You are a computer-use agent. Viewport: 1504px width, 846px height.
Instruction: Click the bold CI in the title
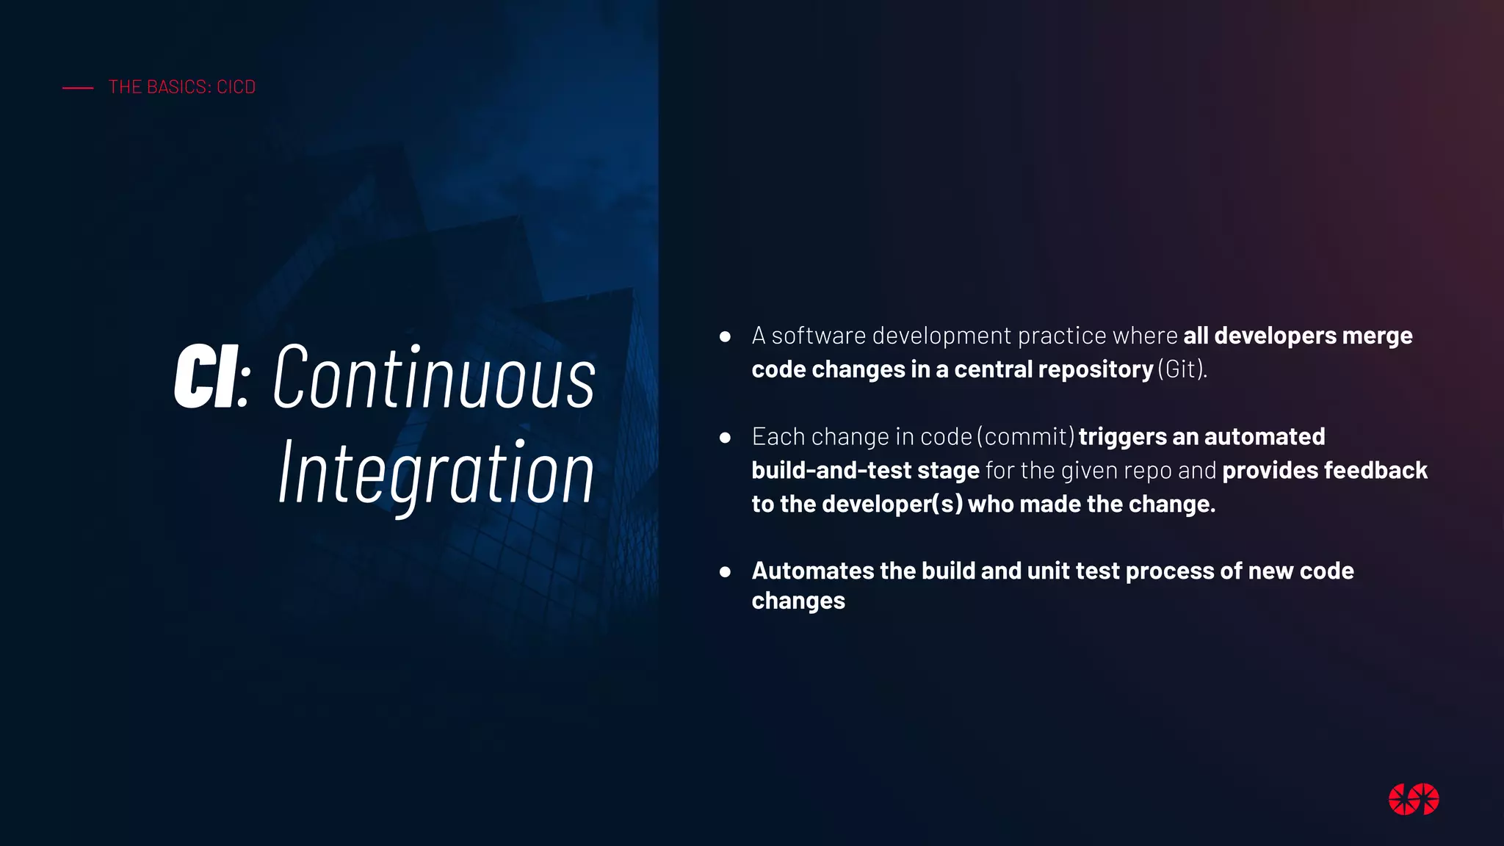(206, 376)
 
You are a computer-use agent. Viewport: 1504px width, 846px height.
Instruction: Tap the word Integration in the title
(436, 474)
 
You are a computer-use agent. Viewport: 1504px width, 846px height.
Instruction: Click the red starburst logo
(1413, 799)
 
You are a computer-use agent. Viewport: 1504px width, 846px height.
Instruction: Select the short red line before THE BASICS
(78, 88)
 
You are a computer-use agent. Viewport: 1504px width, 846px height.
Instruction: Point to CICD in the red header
(236, 87)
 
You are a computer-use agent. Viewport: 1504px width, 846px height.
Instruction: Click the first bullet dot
(725, 336)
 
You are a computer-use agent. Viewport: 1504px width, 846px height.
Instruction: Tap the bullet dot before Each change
(725, 438)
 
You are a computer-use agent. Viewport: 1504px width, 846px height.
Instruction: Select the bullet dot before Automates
(725, 571)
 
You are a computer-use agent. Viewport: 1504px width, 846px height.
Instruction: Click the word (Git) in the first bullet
(1182, 369)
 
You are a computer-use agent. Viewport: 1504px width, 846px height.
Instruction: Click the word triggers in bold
(1122, 437)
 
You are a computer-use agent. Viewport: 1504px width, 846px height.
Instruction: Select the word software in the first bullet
(819, 336)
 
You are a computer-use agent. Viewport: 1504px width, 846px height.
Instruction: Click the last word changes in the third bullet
(798, 601)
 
